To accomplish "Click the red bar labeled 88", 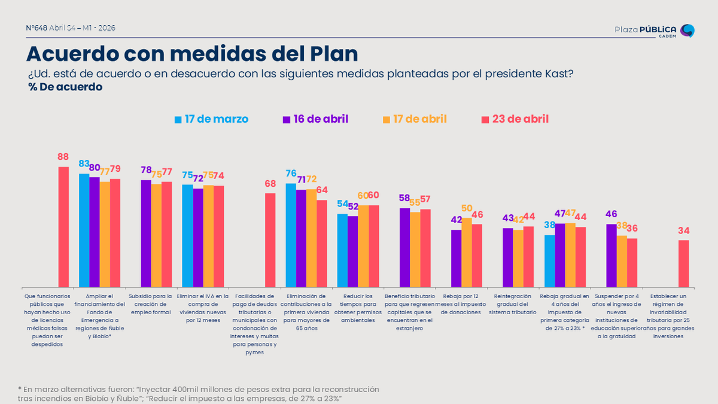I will click(x=63, y=227).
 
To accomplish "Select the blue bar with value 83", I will click(x=84, y=230).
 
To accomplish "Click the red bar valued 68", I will click(x=270, y=240).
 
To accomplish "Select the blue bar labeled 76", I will click(x=291, y=235).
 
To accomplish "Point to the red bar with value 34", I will click(x=683, y=264).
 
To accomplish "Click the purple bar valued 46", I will click(x=611, y=256).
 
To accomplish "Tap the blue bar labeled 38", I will click(x=549, y=261).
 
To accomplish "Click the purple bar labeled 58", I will click(x=404, y=247).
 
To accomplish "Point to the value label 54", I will click(x=343, y=204).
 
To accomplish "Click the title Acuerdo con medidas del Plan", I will click(x=191, y=54).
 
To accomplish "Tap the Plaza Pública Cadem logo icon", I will click(x=688, y=31).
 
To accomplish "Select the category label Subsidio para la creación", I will click(x=150, y=300).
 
